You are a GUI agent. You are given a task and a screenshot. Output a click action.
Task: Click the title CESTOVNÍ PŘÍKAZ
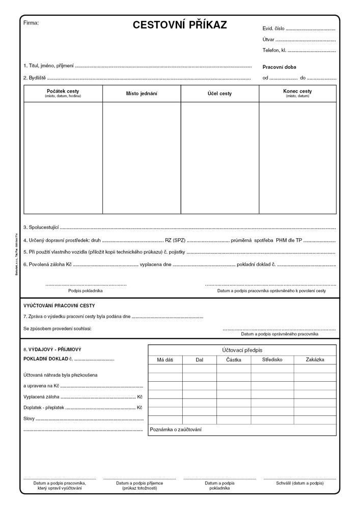coord(180,25)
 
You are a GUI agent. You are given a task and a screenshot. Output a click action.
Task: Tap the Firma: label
coord(31,23)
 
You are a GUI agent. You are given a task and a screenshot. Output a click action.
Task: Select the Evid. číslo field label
coord(274,29)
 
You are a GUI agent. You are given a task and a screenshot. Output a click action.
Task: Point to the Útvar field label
coord(268,39)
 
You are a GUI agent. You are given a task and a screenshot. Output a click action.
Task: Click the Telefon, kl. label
coord(275,50)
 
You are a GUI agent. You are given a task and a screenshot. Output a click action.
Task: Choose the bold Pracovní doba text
coord(279,67)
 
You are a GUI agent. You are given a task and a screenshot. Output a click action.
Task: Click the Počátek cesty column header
coord(63,92)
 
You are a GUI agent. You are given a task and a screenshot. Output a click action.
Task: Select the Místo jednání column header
coord(142,94)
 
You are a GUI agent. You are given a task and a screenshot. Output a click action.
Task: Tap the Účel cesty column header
coord(219,94)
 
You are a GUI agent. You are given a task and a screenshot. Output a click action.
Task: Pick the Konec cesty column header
coord(297,92)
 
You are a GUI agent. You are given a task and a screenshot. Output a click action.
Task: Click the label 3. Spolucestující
coord(41,227)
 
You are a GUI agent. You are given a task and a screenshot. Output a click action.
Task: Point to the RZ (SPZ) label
coord(175,240)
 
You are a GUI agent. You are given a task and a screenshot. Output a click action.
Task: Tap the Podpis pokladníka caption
coord(86,291)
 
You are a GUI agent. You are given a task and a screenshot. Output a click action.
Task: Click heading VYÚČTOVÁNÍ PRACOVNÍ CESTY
coord(59,305)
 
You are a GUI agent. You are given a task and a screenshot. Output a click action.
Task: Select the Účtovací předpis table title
coord(242,350)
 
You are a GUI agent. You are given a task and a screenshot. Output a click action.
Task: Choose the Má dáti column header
coord(165,360)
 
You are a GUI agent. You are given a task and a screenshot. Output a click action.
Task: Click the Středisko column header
coord(272,360)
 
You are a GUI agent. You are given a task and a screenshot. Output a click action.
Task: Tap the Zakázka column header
coord(315,360)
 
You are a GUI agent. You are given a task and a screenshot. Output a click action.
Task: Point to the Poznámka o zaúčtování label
coord(176,430)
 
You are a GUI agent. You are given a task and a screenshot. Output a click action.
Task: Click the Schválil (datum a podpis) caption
coord(299,483)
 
